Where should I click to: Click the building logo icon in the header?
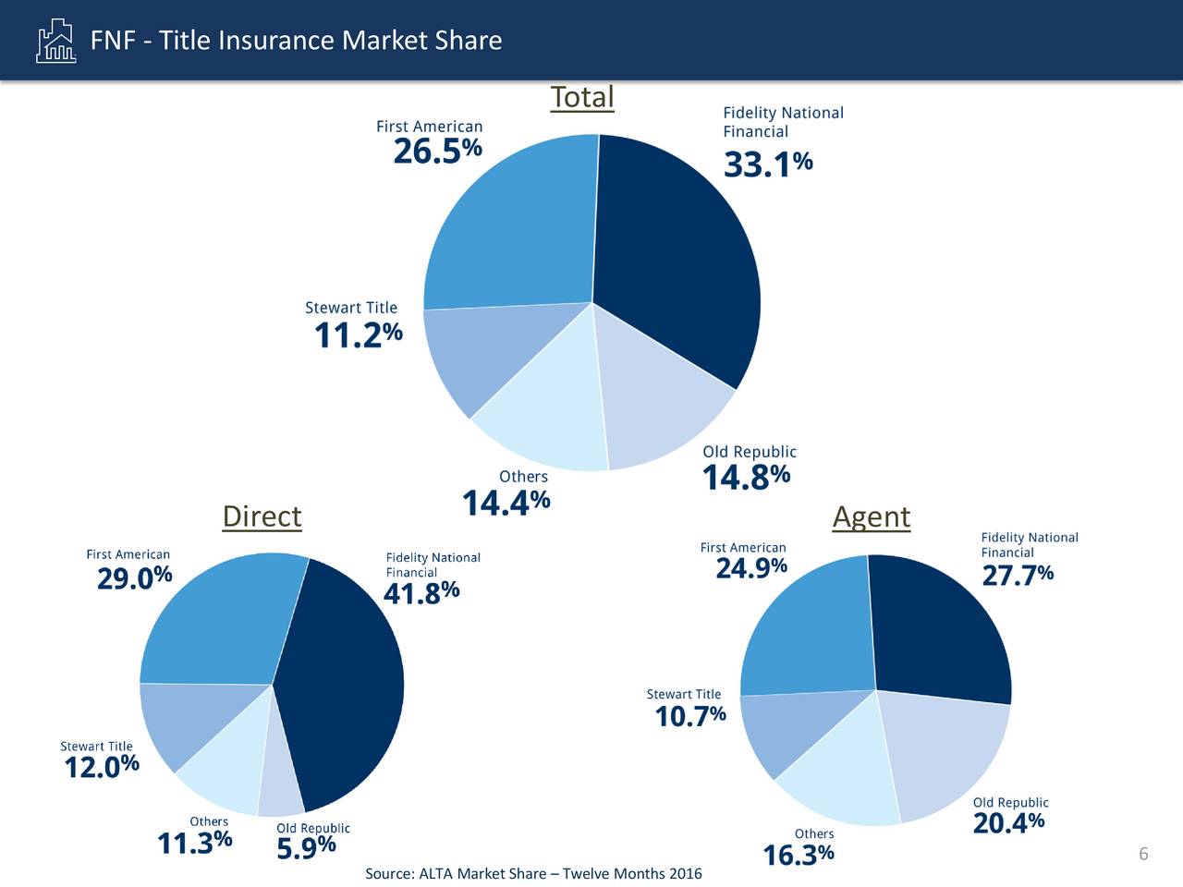(x=55, y=41)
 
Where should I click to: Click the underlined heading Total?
(x=581, y=97)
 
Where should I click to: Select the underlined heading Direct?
(x=262, y=516)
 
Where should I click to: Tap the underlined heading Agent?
(x=871, y=516)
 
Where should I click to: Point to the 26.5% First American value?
(x=437, y=151)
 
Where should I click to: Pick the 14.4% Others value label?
(x=506, y=503)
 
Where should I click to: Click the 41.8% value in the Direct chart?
(x=421, y=592)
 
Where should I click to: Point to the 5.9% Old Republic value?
(x=306, y=847)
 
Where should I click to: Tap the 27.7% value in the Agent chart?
(x=1017, y=576)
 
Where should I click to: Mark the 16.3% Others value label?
(x=798, y=856)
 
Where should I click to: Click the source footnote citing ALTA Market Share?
(x=533, y=874)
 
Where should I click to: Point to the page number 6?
(x=1143, y=854)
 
